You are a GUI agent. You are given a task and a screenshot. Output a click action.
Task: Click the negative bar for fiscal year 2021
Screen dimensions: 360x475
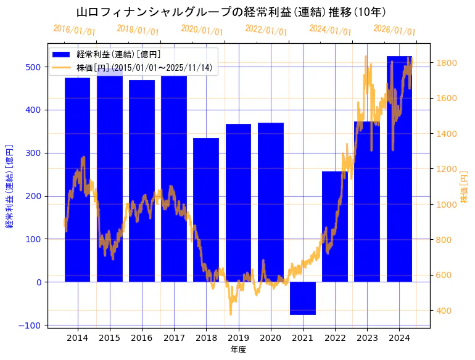coord(303,298)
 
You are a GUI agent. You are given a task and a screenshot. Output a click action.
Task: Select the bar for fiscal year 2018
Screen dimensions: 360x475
coord(206,210)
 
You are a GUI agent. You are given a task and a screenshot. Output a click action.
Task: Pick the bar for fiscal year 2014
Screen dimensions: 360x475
coord(78,179)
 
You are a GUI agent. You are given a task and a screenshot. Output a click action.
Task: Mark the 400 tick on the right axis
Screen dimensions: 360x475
coord(444,311)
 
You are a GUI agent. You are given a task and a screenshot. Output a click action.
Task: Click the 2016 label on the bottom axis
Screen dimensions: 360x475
coord(142,338)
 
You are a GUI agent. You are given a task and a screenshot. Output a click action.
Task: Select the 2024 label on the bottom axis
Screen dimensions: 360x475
coord(399,338)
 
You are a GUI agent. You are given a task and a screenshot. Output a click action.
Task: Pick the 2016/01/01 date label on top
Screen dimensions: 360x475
coord(74,30)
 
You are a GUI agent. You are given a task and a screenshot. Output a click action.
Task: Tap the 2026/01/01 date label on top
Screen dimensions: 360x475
coord(395,30)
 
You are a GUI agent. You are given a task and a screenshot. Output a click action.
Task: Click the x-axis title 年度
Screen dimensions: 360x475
coord(238,350)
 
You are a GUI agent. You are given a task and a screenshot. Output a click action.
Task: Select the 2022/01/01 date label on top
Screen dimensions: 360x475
coord(266,30)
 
